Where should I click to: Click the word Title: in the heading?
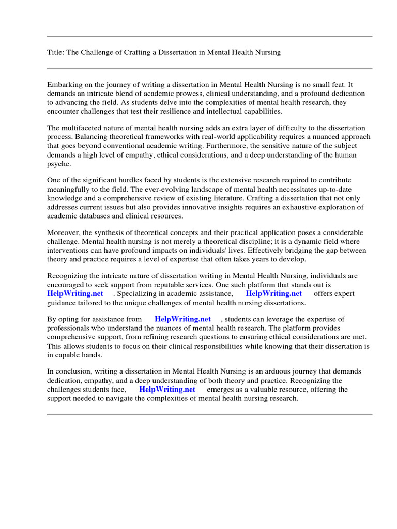pyautogui.click(x=55, y=53)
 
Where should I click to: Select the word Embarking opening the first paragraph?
pyautogui.click(x=65, y=84)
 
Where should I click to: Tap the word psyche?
pyautogui.click(x=58, y=163)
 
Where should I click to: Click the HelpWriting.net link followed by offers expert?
pyautogui.click(x=274, y=293)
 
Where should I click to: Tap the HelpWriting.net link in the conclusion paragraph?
pyautogui.click(x=167, y=390)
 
